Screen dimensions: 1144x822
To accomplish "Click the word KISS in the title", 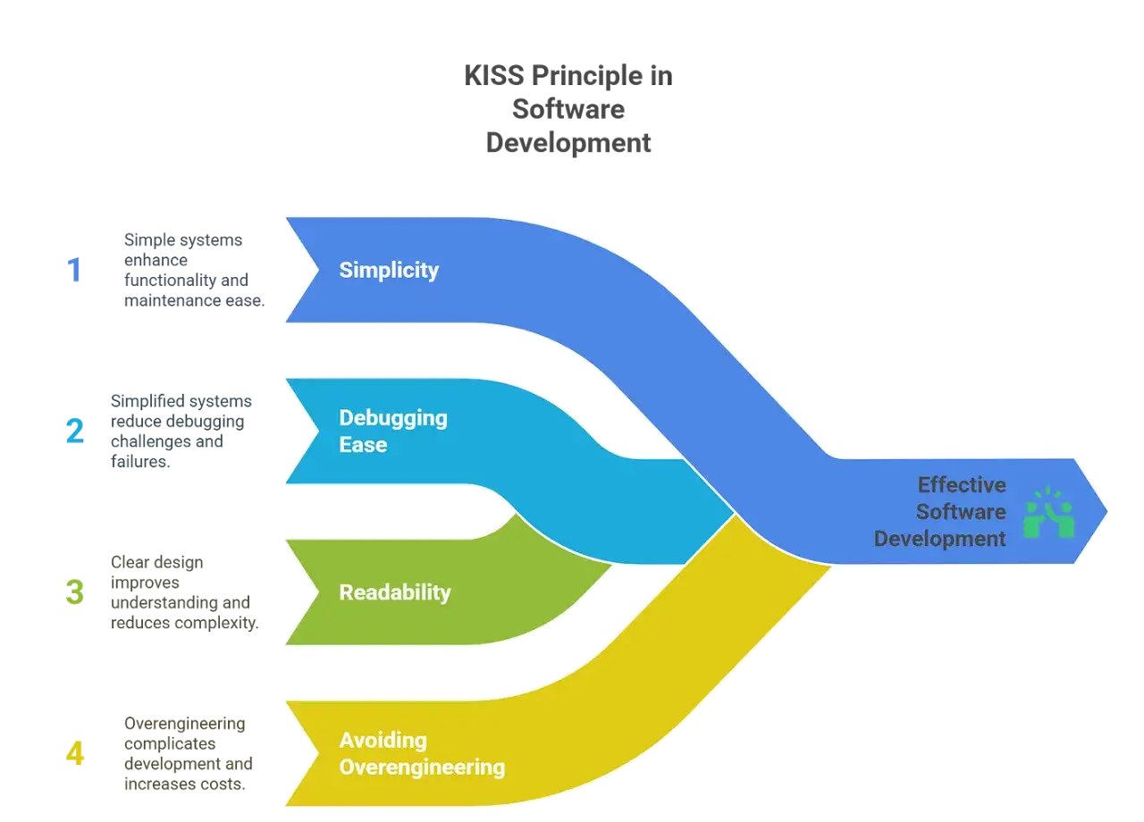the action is coord(494,76).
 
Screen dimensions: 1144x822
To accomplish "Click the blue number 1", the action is coord(74,270).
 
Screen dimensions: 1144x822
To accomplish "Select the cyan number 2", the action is coord(74,431).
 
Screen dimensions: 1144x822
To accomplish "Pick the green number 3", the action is coord(74,591).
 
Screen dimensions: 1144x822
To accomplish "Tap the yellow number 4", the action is coord(74,753).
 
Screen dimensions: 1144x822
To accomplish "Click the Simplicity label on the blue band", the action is coord(389,271).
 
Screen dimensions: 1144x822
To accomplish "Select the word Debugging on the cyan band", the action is coord(393,419).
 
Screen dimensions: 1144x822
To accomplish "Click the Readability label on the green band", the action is coord(395,592).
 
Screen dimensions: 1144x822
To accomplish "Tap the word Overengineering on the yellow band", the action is coord(423,767).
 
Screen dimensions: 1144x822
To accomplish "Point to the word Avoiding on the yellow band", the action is coord(383,741).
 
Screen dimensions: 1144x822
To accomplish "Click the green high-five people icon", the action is coord(1049,512).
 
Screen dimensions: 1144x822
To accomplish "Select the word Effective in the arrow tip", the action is coord(963,484).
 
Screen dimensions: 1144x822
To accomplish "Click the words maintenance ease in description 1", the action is coord(195,300).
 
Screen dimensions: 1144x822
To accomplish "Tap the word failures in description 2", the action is coord(140,462).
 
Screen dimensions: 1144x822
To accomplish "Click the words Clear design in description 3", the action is coord(156,562).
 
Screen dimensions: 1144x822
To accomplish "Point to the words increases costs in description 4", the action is coord(185,784).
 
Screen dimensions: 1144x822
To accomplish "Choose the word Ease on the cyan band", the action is coord(363,445).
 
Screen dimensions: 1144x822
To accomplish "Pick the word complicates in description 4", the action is coord(170,744).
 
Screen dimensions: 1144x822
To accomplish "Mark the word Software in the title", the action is coord(568,109).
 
